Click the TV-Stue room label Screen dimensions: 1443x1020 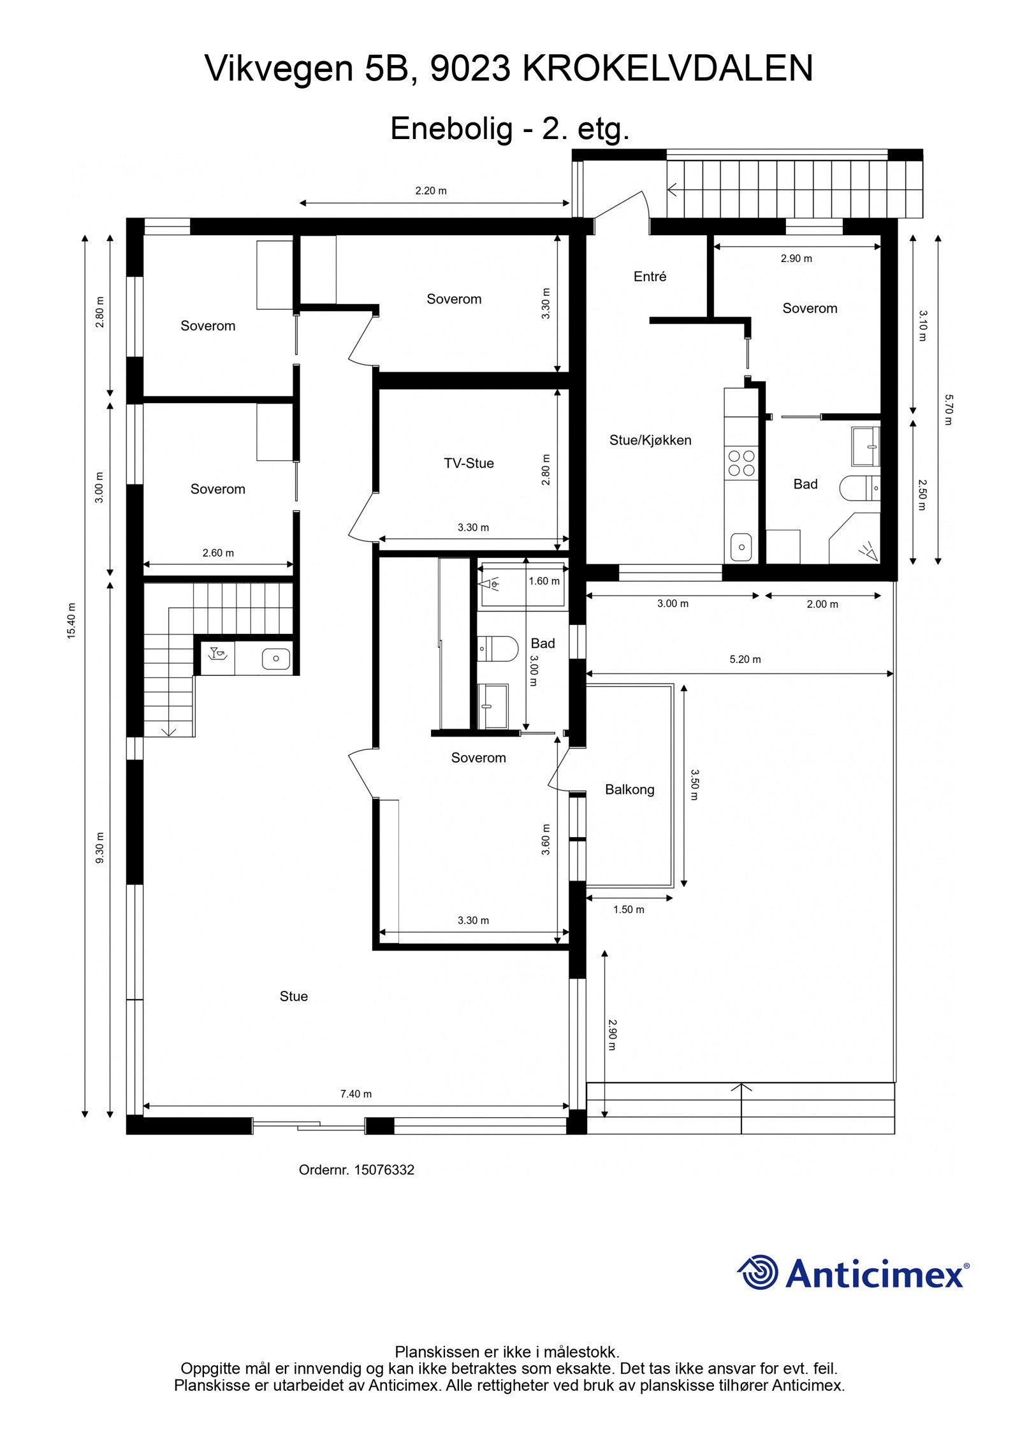pyautogui.click(x=469, y=464)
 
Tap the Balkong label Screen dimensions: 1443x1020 pyautogui.click(x=629, y=789)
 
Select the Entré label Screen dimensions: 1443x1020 pyautogui.click(x=650, y=276)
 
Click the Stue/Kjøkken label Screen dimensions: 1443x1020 pyautogui.click(x=650, y=440)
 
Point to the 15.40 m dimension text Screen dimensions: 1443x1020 pyautogui.click(x=72, y=620)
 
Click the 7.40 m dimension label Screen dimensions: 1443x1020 pyautogui.click(x=356, y=1094)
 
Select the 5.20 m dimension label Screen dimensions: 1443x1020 pyautogui.click(x=745, y=659)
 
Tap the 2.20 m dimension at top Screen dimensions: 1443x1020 pyautogui.click(x=431, y=191)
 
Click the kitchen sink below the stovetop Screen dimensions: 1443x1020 pyautogui.click(x=741, y=546)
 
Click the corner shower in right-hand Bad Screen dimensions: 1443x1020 pyautogui.click(x=857, y=542)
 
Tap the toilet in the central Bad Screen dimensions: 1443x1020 pyautogui.click(x=499, y=649)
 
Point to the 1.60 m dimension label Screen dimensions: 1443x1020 pyautogui.click(x=544, y=581)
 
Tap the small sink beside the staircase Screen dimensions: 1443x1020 pyautogui.click(x=276, y=658)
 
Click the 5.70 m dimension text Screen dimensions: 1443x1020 pyautogui.click(x=948, y=410)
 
